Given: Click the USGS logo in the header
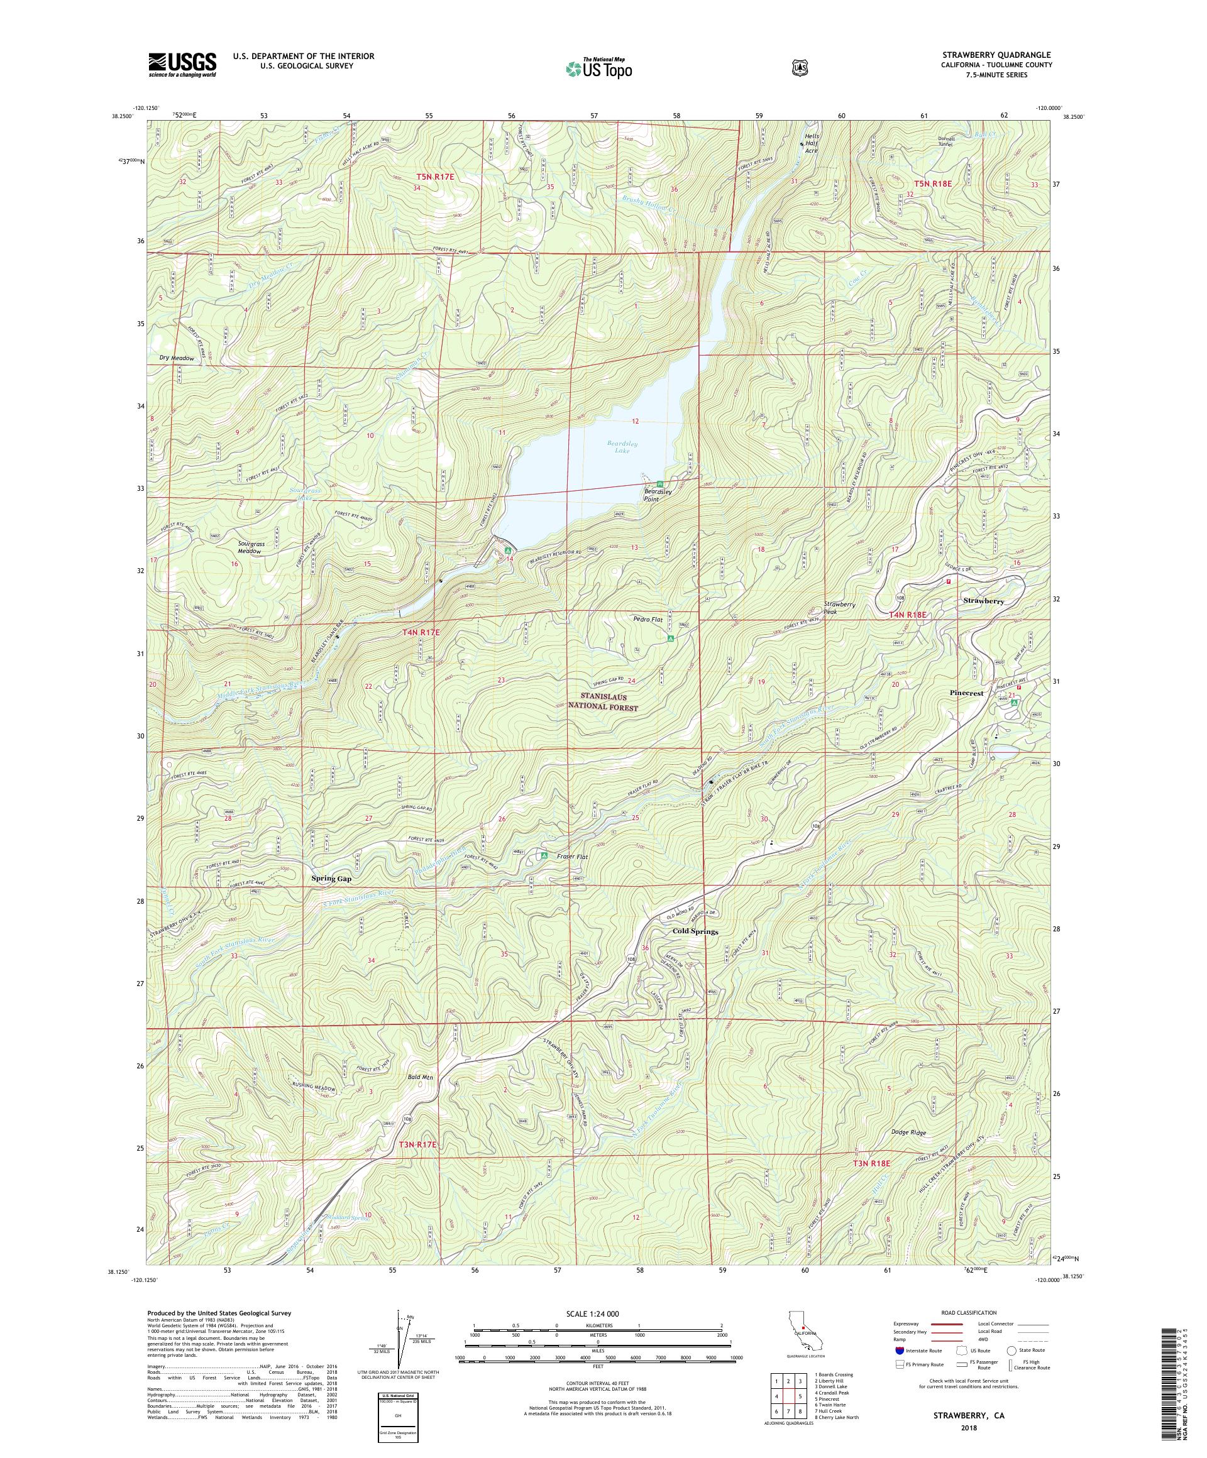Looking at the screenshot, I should click(x=182, y=65).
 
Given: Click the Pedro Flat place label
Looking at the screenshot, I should click(x=648, y=618).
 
